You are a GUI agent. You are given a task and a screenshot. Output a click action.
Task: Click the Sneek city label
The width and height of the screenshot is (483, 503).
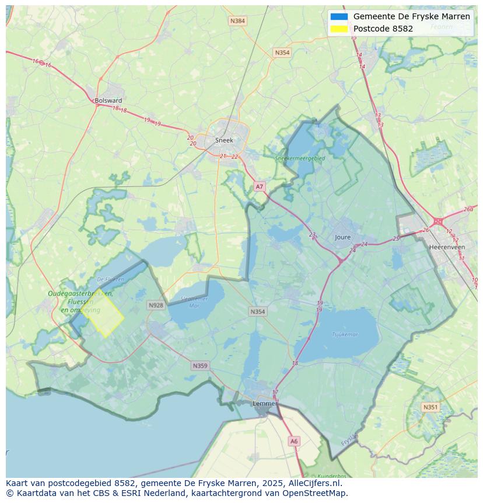[x=224, y=140]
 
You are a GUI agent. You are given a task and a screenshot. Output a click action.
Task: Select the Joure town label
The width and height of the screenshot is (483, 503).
[x=343, y=237]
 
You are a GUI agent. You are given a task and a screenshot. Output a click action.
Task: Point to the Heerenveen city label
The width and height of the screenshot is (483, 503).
[x=447, y=247]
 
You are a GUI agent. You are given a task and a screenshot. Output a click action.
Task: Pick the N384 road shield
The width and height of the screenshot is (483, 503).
[x=237, y=21]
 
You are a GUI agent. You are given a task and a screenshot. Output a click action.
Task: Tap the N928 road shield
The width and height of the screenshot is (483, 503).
[x=156, y=305]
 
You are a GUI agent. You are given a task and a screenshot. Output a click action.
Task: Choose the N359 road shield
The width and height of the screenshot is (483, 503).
[x=199, y=366]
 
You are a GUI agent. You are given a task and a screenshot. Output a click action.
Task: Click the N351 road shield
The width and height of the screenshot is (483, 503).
[x=430, y=407]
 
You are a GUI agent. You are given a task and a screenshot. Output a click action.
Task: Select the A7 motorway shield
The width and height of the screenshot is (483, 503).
[x=260, y=187]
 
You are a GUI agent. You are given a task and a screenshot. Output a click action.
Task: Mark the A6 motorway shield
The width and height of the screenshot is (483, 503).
[x=294, y=442]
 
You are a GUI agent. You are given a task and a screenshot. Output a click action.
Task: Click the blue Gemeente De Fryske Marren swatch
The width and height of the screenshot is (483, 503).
[x=339, y=16]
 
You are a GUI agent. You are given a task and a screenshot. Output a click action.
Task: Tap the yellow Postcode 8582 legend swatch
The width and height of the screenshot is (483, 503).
[x=339, y=29]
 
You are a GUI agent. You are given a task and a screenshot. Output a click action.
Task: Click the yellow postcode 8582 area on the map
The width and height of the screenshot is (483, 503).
[x=103, y=315]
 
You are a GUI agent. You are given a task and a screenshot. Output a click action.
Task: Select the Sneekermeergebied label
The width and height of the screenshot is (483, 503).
[x=300, y=158]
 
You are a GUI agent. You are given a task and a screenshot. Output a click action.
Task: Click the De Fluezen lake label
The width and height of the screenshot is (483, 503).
[x=110, y=279]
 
